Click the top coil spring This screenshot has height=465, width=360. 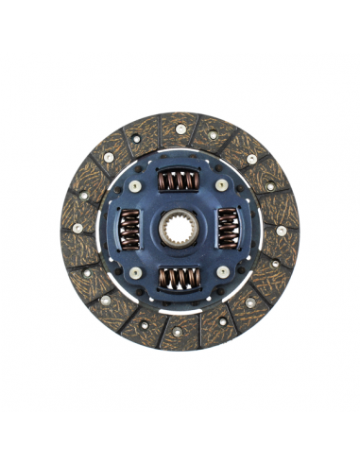click(179, 181)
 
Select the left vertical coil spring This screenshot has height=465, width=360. click(130, 229)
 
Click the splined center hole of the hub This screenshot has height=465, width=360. click(179, 229)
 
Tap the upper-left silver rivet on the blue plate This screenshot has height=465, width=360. click(136, 186)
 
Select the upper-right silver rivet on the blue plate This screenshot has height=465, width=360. click(221, 186)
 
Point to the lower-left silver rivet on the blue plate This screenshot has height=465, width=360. click(136, 272)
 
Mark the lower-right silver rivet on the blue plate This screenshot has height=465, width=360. click(221, 272)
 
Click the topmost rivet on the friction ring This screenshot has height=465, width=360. click(180, 129)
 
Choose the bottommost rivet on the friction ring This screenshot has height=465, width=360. click(180, 331)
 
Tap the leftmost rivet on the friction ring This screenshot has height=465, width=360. click(77, 228)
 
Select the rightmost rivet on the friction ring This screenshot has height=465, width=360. click(282, 230)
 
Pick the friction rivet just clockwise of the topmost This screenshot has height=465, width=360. click(213, 134)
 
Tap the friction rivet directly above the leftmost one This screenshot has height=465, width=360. click(83, 192)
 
